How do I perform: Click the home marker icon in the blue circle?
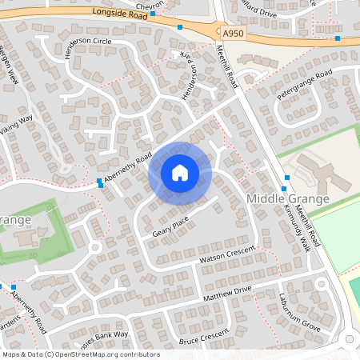[180, 172]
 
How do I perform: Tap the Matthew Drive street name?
[227, 294]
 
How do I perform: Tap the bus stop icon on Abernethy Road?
[99, 182]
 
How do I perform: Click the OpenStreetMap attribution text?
[80, 354]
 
